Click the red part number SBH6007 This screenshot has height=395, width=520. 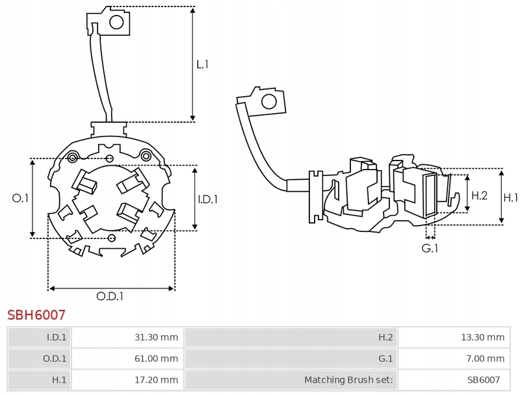[x=36, y=315]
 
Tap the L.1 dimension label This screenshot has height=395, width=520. [x=202, y=64]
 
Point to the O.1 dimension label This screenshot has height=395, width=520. [x=21, y=198]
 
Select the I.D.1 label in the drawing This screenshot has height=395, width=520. [x=207, y=199]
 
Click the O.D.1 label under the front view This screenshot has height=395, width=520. [x=110, y=296]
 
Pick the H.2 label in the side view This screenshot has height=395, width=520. [x=479, y=195]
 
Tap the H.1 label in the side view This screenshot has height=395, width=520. [x=511, y=197]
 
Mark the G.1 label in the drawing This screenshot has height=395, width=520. [x=430, y=248]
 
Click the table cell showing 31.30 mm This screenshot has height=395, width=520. [x=127, y=337]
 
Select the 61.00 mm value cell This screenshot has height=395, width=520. [x=127, y=358]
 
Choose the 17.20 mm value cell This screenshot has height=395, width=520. [x=127, y=379]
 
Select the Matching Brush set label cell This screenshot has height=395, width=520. [x=291, y=379]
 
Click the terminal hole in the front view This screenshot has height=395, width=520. [x=116, y=23]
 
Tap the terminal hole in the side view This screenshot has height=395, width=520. [x=266, y=101]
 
